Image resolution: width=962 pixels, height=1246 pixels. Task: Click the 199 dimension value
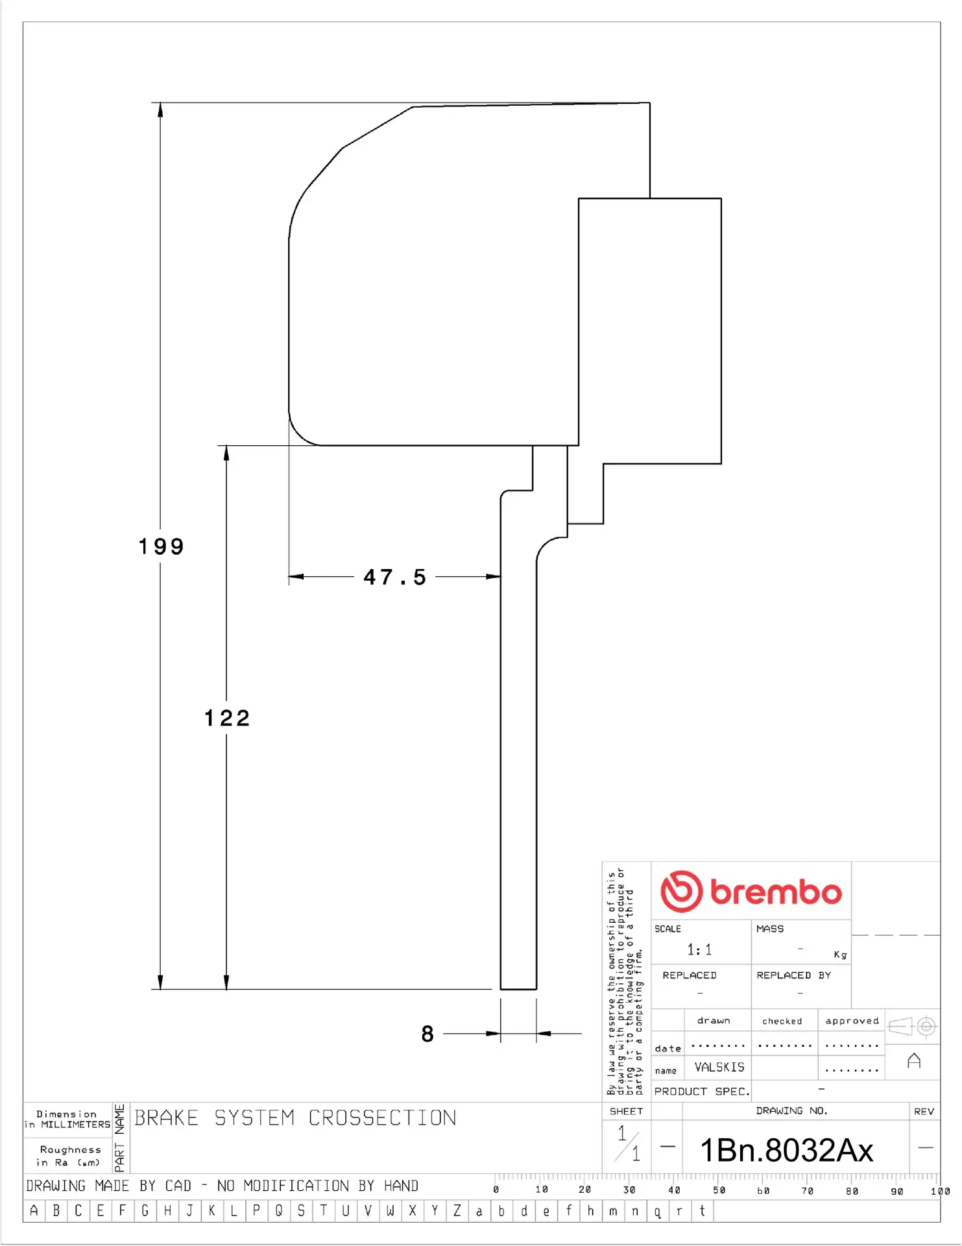pyautogui.click(x=162, y=546)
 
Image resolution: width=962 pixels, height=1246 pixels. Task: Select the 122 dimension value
pyautogui.click(x=227, y=718)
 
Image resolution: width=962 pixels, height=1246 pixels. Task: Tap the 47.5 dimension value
pyautogui.click(x=394, y=577)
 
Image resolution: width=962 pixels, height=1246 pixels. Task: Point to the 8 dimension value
pyautogui.click(x=427, y=1034)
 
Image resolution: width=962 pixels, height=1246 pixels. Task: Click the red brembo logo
pyautogui.click(x=751, y=892)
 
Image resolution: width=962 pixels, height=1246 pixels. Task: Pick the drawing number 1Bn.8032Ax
pyautogui.click(x=787, y=1151)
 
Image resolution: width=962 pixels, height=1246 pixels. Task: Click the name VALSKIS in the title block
pyautogui.click(x=719, y=1068)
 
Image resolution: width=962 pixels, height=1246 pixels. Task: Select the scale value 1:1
pyautogui.click(x=699, y=950)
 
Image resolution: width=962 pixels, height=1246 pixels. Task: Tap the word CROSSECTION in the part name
pyautogui.click(x=382, y=1118)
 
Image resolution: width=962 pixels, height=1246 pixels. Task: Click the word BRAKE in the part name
pyautogui.click(x=166, y=1118)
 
